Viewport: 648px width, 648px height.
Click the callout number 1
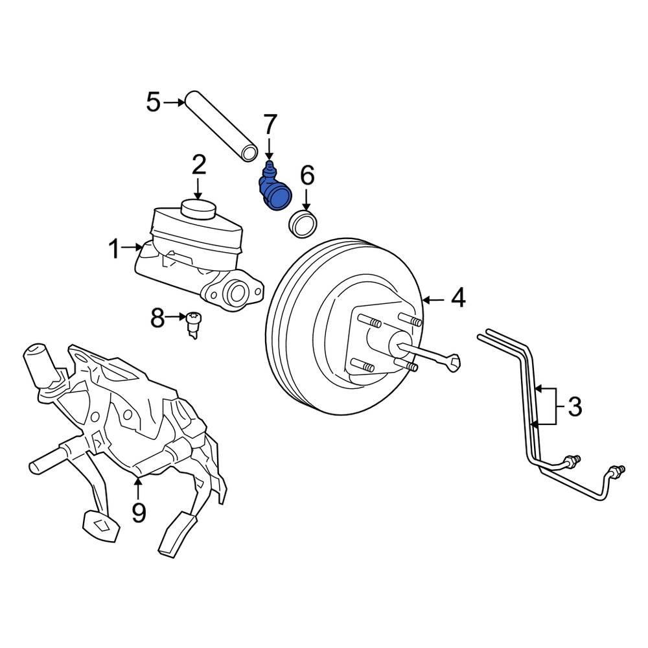point(115,248)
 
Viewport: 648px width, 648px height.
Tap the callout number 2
point(198,165)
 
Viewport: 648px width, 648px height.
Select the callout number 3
point(574,408)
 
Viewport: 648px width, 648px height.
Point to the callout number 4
point(458,299)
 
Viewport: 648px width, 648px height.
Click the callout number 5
point(153,102)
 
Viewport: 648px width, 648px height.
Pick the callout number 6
point(307,175)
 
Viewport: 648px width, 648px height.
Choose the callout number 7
point(270,124)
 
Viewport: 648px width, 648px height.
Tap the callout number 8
point(157,318)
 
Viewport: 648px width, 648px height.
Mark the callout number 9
point(139,513)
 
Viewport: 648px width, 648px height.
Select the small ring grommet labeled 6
point(302,222)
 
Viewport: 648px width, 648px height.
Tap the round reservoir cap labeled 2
point(198,209)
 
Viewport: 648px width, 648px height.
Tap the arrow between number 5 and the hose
point(174,102)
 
